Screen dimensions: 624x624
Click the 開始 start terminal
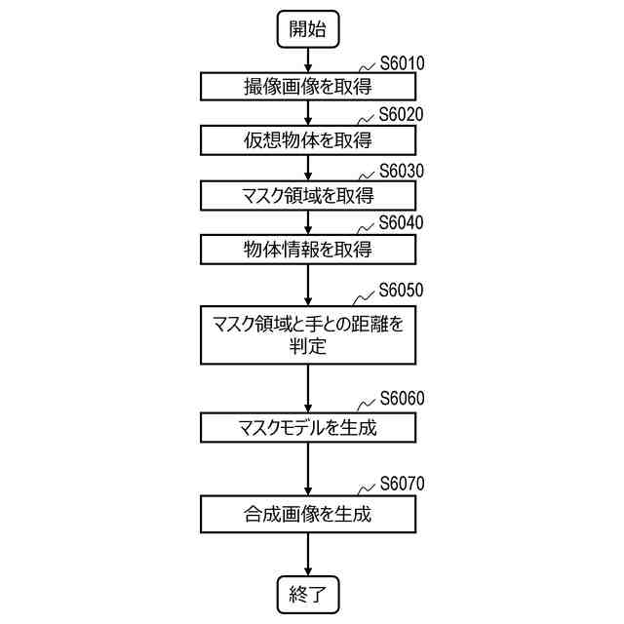pos(308,28)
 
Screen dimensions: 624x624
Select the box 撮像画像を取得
pos(308,87)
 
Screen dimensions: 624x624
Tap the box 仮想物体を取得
pos(308,140)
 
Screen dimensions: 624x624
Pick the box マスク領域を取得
pos(308,195)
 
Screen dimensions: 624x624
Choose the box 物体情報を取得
pos(308,249)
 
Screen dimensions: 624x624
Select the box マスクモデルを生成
pos(308,427)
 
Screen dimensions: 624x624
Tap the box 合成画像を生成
pos(308,513)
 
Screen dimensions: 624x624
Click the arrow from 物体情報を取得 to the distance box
pos(308,285)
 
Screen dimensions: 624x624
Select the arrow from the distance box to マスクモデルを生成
pos(308,387)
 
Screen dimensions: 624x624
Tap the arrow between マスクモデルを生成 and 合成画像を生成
pos(308,469)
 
